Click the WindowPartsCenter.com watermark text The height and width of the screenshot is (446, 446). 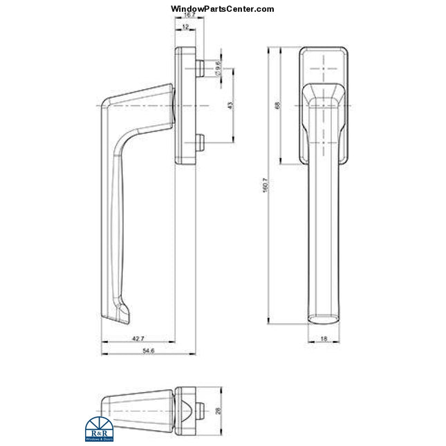[222, 9]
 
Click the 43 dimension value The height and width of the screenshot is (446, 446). [230, 105]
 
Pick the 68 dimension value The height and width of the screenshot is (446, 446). [277, 106]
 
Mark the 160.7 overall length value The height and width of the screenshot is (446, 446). [265, 187]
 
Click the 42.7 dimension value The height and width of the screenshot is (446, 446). [138, 339]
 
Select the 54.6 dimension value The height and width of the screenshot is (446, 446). [147, 351]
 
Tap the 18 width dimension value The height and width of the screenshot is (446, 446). [324, 339]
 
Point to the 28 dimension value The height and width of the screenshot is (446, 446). [219, 410]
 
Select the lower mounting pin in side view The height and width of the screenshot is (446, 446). [200, 142]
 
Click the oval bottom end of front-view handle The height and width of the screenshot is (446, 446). [324, 318]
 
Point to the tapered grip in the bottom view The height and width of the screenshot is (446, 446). [137, 410]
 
